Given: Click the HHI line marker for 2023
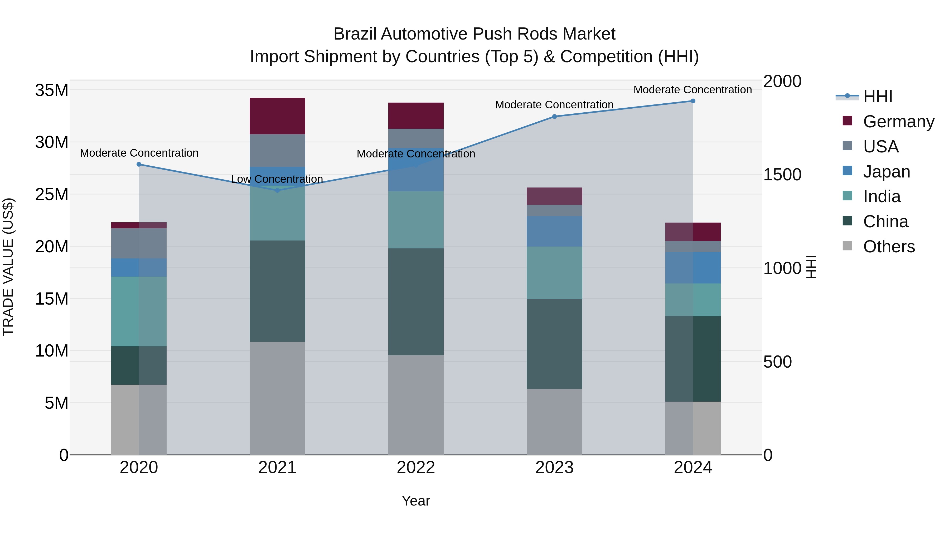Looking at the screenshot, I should [x=554, y=117].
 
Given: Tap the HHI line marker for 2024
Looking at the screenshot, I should [x=693, y=101].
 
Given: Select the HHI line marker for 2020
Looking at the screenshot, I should [x=139, y=164].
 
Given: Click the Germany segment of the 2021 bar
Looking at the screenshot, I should [x=277, y=116].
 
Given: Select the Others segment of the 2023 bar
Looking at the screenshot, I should [x=554, y=422].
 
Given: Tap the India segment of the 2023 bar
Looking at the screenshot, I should [x=554, y=273].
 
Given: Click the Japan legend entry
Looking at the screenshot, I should [x=886, y=171].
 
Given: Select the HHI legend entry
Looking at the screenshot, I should [x=878, y=97].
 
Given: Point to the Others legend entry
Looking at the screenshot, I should [x=889, y=246].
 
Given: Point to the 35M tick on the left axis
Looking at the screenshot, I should [x=52, y=90].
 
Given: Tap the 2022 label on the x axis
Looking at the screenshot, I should [x=416, y=468].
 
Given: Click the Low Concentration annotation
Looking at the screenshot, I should [x=277, y=179].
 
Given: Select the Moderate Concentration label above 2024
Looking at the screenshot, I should [x=693, y=90].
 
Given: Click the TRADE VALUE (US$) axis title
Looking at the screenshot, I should [x=8, y=267].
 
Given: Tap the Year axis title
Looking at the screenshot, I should [x=416, y=501].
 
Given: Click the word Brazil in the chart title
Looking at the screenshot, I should [x=355, y=34].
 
